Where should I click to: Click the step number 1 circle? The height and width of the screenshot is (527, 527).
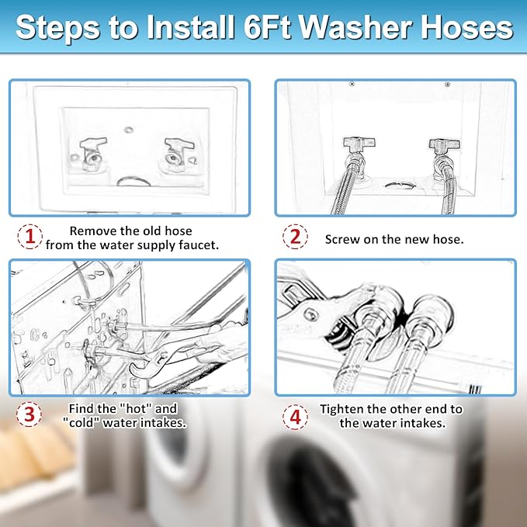pyautogui.click(x=30, y=237)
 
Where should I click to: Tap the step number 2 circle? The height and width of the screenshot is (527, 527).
pyautogui.click(x=295, y=237)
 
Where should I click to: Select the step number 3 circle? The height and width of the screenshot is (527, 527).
pyautogui.click(x=29, y=414)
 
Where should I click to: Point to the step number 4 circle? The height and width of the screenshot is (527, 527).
pyautogui.click(x=295, y=417)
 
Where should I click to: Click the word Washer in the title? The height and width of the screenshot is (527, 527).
pyautogui.click(x=356, y=28)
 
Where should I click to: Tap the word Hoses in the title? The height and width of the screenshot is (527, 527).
pyautogui.click(x=466, y=28)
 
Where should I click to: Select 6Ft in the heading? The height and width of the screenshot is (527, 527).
pyautogui.click(x=267, y=28)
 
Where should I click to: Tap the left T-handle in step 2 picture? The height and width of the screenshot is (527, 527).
pyautogui.click(x=359, y=143)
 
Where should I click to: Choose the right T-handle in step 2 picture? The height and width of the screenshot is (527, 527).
pyautogui.click(x=444, y=144)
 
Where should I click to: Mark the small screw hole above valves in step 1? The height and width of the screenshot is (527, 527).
pyautogui.click(x=129, y=130)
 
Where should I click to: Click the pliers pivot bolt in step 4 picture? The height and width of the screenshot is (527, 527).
pyautogui.click(x=310, y=314)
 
